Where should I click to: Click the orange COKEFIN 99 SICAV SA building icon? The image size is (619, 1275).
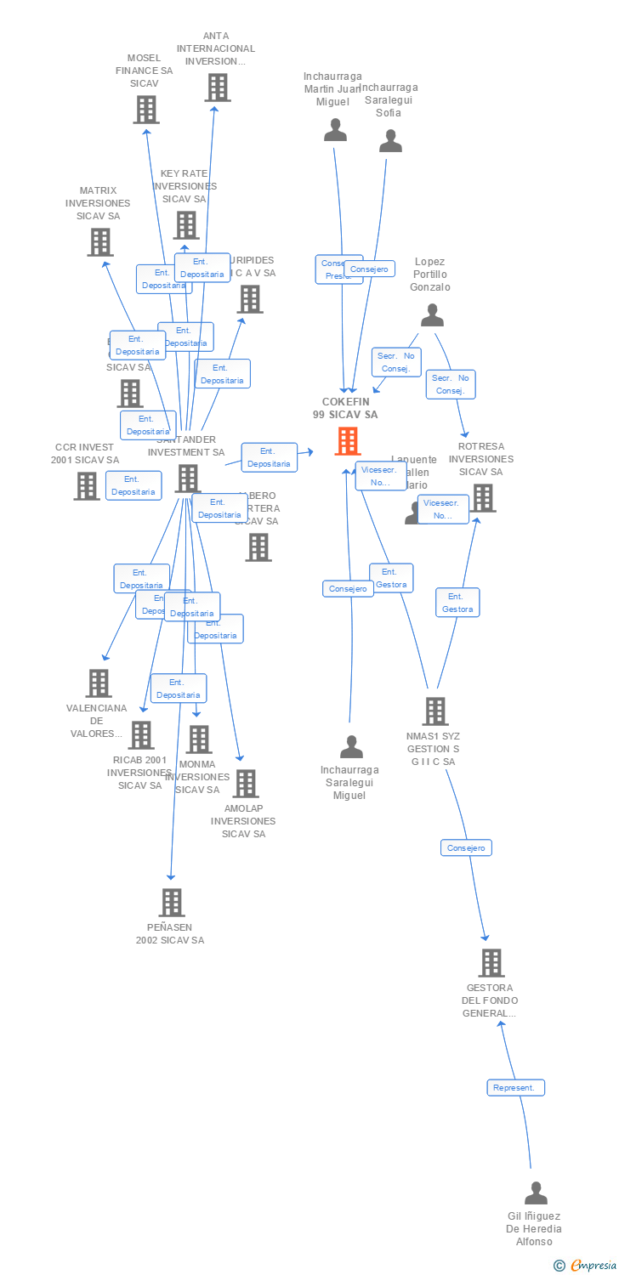click(x=348, y=441)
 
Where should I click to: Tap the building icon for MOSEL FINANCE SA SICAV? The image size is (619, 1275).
click(x=146, y=109)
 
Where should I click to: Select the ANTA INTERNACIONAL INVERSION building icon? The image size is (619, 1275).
click(x=217, y=87)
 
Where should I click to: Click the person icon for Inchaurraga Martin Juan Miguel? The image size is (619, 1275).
click(x=336, y=130)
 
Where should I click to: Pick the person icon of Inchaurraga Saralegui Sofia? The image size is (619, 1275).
click(x=390, y=141)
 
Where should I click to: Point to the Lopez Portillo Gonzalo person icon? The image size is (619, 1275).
click(x=432, y=316)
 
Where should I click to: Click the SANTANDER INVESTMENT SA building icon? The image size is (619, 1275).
click(x=187, y=479)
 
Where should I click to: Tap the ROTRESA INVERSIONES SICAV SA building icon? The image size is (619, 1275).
click(x=483, y=498)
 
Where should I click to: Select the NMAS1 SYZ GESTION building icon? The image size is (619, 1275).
click(x=434, y=711)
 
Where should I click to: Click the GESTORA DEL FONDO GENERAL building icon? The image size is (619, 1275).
click(x=491, y=963)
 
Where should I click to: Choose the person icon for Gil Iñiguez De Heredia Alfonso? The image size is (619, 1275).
click(x=536, y=1193)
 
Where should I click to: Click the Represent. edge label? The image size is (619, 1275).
click(x=515, y=1087)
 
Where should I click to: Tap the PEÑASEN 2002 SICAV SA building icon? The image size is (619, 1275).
click(x=172, y=903)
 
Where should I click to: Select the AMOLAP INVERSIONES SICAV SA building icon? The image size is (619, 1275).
click(x=245, y=784)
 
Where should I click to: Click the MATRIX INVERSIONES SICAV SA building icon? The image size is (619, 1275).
click(x=100, y=242)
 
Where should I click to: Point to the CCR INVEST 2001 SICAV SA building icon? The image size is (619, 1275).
click(x=87, y=486)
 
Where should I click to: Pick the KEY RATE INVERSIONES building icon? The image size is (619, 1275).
click(x=186, y=225)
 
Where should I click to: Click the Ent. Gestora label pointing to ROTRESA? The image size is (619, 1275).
click(x=457, y=602)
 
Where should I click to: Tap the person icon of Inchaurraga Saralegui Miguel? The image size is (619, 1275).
click(x=351, y=747)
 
